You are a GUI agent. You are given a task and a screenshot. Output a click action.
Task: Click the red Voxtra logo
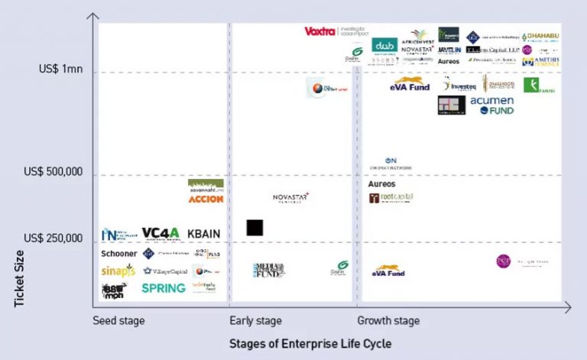(320, 31)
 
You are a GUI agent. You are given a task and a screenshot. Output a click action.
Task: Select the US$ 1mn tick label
(61, 69)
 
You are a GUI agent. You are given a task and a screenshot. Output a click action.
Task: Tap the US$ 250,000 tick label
(53, 238)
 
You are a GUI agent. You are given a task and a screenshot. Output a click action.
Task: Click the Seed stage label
(118, 321)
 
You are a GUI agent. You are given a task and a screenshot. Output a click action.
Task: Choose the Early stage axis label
(255, 321)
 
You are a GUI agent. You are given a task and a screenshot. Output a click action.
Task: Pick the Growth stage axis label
(388, 321)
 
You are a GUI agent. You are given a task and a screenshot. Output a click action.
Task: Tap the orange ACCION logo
(206, 199)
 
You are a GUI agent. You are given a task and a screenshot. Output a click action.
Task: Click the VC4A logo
(161, 233)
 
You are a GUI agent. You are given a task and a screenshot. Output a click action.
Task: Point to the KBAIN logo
(204, 233)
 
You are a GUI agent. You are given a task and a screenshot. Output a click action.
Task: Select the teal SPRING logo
(164, 288)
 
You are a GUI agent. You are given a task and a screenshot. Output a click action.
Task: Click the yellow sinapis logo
(118, 271)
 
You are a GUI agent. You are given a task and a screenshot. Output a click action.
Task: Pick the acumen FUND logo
(492, 105)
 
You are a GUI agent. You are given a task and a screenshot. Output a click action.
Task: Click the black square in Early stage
(255, 228)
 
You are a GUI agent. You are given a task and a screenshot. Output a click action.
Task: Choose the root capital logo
(391, 198)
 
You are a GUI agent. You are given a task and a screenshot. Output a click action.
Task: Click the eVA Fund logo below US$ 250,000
(389, 271)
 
